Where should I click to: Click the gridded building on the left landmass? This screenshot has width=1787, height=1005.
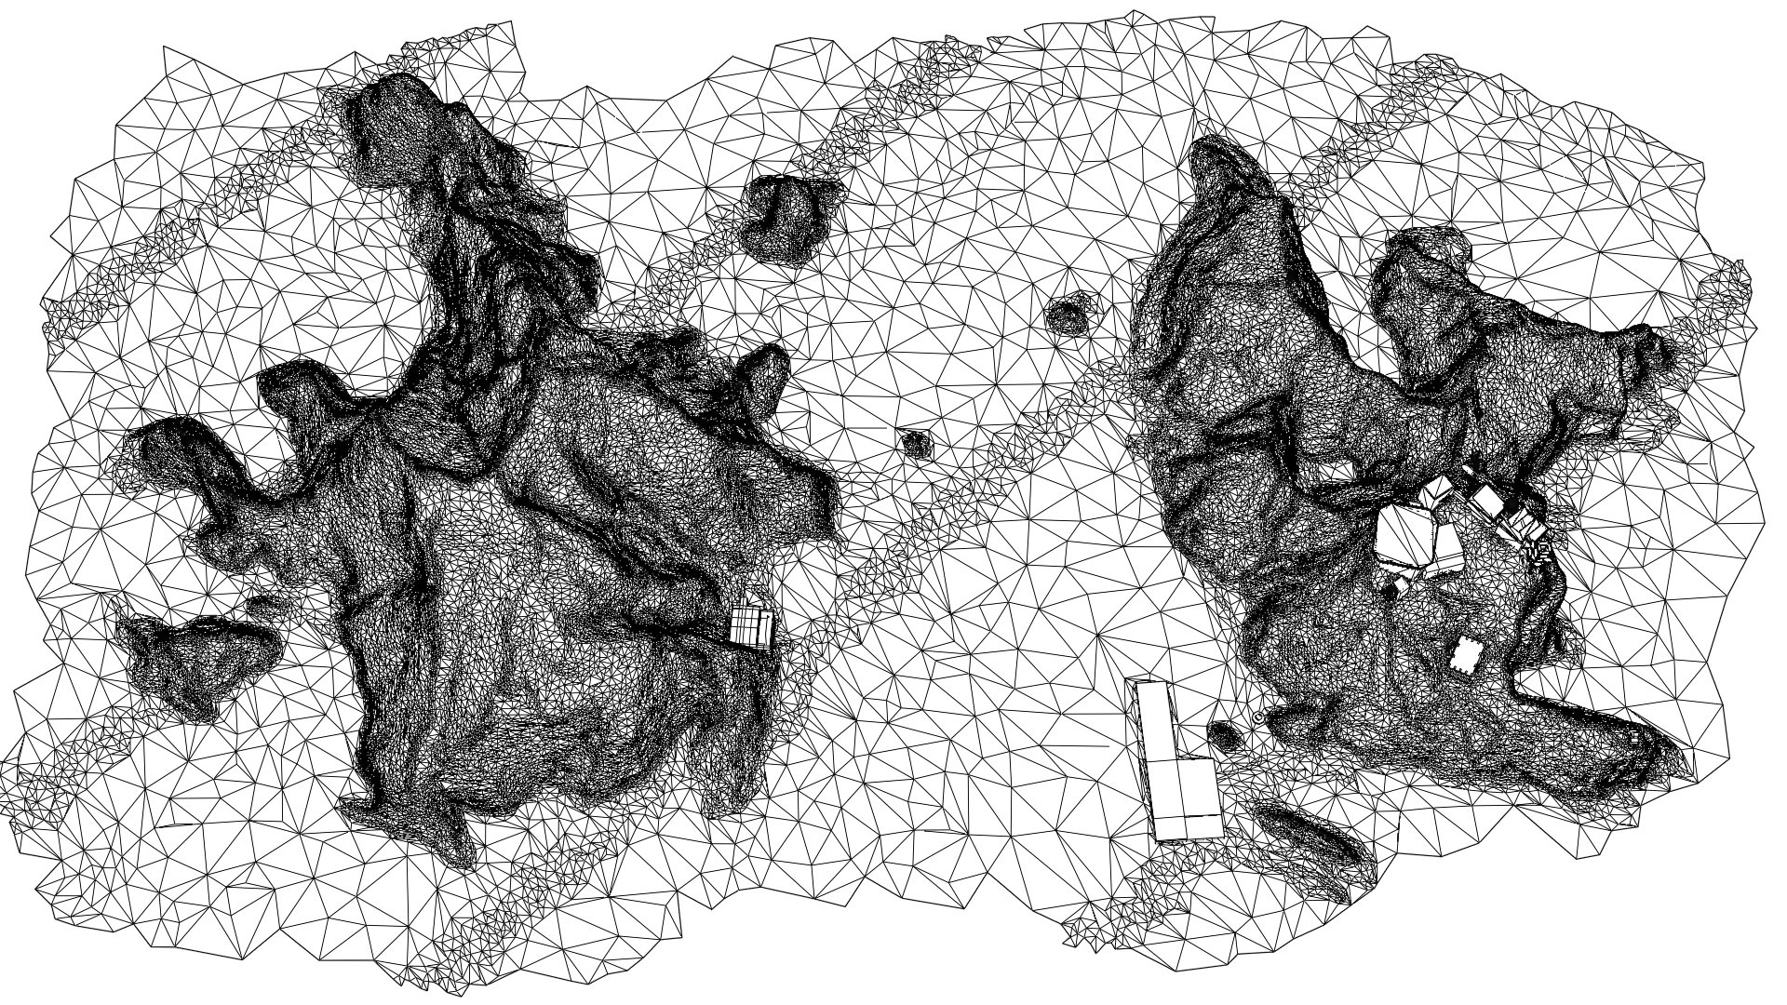752,626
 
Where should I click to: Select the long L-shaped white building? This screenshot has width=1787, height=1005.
1176,763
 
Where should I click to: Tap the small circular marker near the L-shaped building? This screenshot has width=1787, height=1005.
1258,717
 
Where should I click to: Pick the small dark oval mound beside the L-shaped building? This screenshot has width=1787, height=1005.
1225,737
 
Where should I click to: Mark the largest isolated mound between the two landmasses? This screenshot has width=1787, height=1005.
784,220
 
